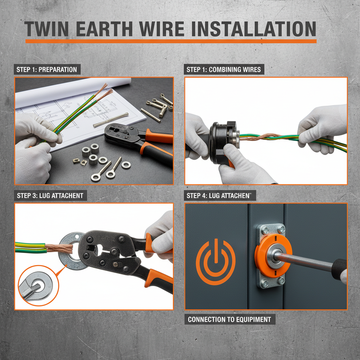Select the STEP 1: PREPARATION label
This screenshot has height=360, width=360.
point(47,69)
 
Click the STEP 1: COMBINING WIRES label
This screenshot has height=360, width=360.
point(224,69)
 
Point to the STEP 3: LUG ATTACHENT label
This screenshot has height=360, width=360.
point(50,195)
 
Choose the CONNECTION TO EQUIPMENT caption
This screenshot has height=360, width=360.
point(229,320)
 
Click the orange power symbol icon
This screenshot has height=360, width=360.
point(216,262)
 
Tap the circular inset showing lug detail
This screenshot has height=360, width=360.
point(33,287)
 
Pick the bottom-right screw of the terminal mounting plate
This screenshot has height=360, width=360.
point(281,280)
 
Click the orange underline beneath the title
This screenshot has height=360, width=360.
point(171,41)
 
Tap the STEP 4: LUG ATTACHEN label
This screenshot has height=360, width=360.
point(220,195)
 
